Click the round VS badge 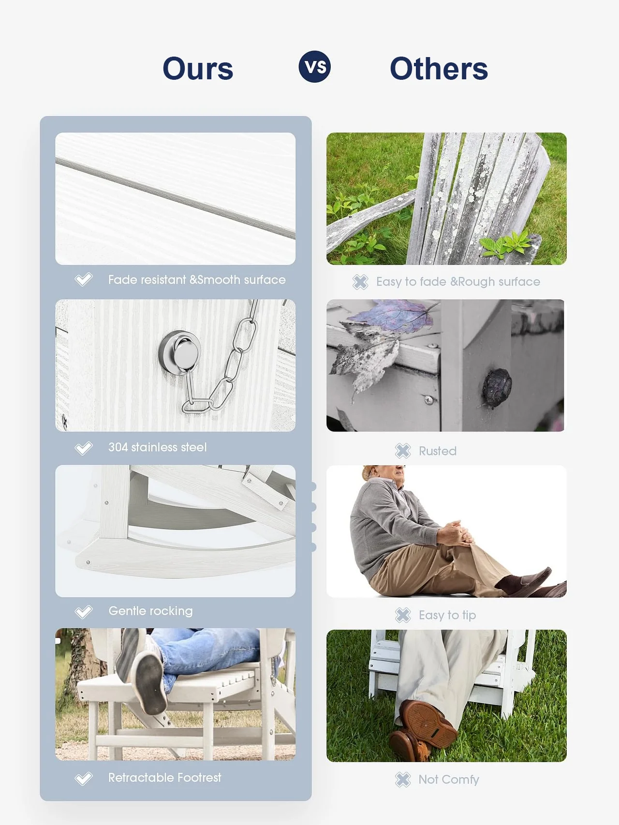(x=315, y=67)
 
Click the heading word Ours (x=198, y=69)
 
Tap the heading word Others (x=439, y=69)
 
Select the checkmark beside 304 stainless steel (x=83, y=448)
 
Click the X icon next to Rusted (x=402, y=451)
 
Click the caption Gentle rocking (x=150, y=611)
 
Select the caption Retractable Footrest (x=164, y=778)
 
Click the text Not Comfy (x=449, y=780)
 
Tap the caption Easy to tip (x=447, y=615)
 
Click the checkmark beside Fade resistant (x=83, y=279)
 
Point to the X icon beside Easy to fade (x=360, y=282)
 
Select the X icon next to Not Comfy (x=402, y=780)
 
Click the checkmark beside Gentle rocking (x=83, y=612)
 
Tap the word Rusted (x=438, y=451)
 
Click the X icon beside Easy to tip (x=402, y=615)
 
